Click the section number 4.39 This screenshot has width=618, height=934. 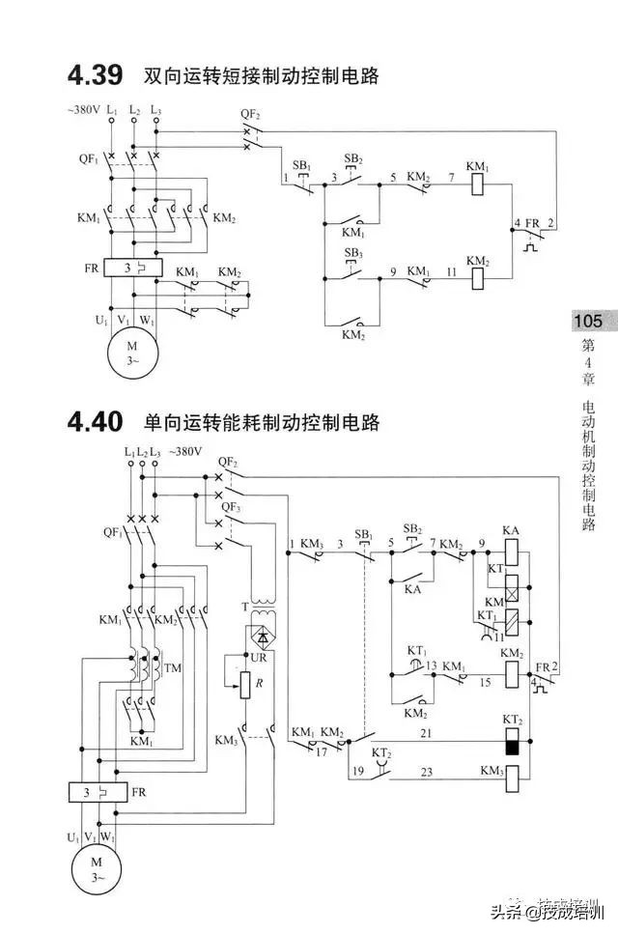click(95, 74)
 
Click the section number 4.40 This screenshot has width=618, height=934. click(95, 422)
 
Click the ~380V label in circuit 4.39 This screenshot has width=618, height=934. click(84, 110)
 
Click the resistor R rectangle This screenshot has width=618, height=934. click(246, 685)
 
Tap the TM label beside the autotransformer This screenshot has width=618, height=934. click(173, 668)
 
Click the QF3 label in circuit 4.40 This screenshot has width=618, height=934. click(230, 506)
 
